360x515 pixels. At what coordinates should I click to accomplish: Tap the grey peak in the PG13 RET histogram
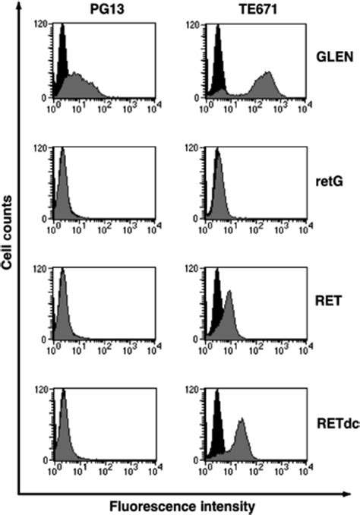(63, 311)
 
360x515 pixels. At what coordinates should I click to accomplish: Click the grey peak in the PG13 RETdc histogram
(63, 433)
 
